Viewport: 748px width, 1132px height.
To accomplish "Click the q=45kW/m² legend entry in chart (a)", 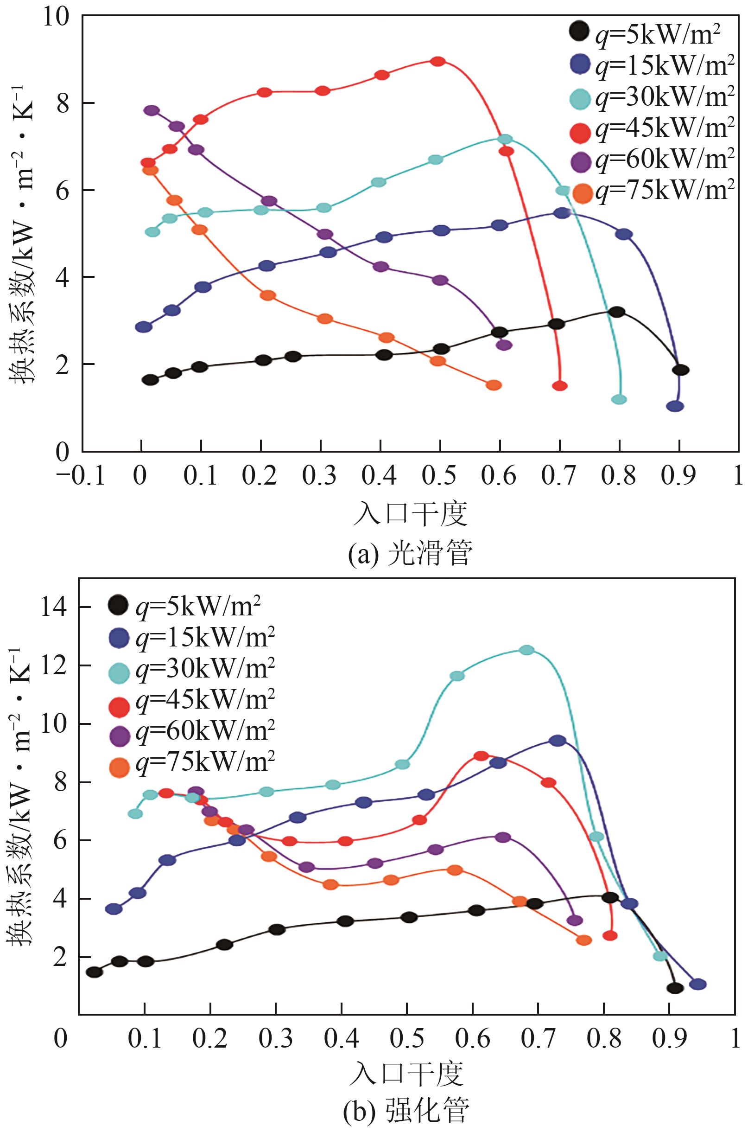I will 652,130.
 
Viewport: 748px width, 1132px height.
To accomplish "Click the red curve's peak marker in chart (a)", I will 437,61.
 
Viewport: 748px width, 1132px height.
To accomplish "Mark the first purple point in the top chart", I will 151,111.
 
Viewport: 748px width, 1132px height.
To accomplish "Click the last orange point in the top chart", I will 494,385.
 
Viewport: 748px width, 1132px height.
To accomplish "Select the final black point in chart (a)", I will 681,370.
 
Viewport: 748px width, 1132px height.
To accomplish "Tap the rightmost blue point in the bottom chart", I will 698,984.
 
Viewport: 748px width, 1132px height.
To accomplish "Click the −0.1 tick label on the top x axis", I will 80,476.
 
